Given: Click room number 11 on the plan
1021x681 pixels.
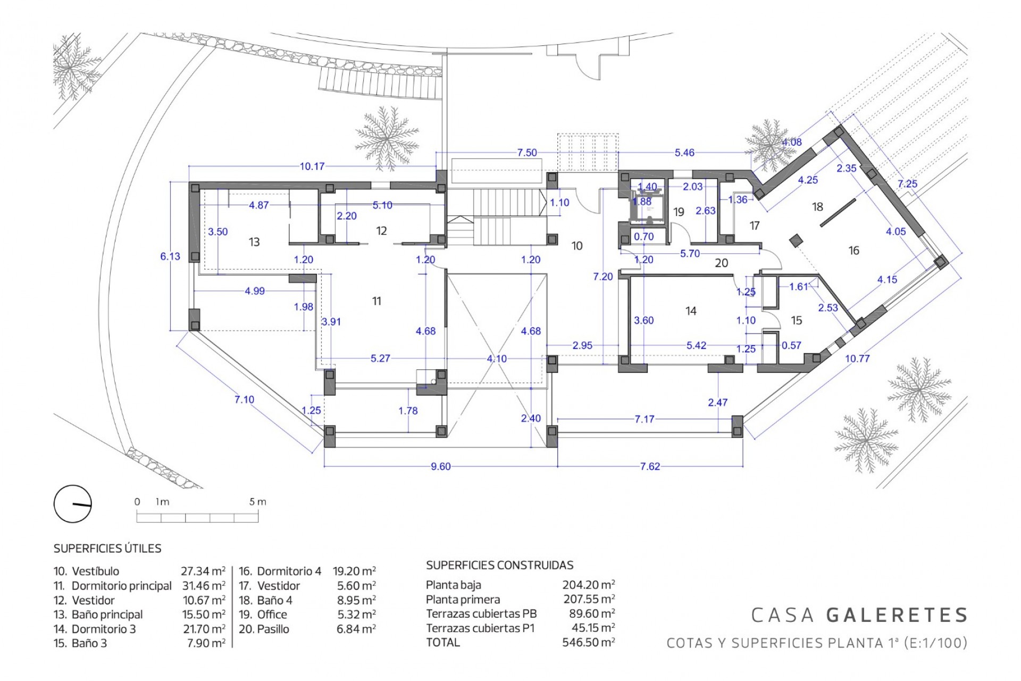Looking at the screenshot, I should pos(376,301).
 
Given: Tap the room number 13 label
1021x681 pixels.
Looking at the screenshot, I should pos(254,242).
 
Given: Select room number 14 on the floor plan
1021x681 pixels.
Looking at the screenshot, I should pos(691,311).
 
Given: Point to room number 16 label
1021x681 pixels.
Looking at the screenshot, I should pos(853,251).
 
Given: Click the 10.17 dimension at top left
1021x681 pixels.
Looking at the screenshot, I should pos(312,167).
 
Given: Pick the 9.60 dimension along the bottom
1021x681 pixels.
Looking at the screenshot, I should pos(440,467).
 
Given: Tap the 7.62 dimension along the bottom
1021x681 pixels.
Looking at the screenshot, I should pos(650,467).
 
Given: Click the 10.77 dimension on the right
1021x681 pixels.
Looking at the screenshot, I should pos(857,359).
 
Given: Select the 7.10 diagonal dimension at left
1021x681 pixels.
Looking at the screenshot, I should pos(244,400).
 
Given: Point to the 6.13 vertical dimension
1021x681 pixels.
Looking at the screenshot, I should pos(170,256).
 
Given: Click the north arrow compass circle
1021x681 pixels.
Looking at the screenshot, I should pos(73,504).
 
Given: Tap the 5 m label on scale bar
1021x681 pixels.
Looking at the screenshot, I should pos(257,502).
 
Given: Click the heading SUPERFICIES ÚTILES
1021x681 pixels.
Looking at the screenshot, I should pos(107,549).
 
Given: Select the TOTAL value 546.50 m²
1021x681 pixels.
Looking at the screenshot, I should pos(588,642).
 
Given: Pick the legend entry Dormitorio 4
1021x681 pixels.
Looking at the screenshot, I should pos(289,571).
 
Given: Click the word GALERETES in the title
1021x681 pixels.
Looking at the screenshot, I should pos(897,615).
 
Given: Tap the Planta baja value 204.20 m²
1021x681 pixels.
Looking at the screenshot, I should pos(588,585).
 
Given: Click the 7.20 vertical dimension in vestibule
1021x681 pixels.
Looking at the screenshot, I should pos(603,277).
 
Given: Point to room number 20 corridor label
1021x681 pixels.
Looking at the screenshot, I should pos(721,263).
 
